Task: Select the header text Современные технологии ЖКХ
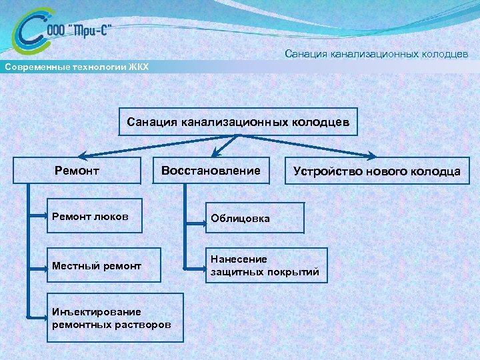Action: pos(77,67)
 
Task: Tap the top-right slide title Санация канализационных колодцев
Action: pos(377,53)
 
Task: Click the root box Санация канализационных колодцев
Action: pos(238,122)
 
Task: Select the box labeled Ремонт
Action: pos(77,171)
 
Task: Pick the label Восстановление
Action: pos(211,171)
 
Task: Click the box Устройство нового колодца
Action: pos(377,171)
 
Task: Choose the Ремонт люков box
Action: pos(94,215)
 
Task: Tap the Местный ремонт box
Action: pos(94,266)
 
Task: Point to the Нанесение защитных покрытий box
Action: pos(265,265)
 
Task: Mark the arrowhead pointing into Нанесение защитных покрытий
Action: pos(201,269)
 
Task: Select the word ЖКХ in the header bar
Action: pos(137,67)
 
